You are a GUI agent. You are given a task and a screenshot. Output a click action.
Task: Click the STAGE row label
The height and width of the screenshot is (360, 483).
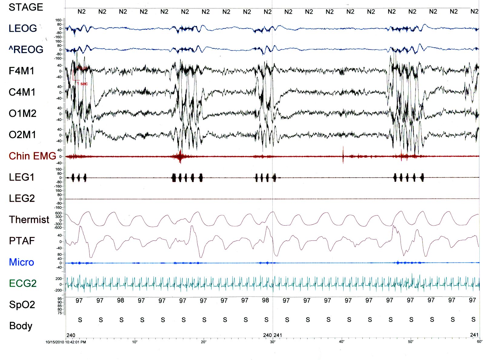tap(26, 7)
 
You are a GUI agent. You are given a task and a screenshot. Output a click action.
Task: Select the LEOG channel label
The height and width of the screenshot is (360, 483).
tap(23, 28)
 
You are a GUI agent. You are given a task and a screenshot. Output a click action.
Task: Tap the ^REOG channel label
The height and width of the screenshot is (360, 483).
tap(26, 50)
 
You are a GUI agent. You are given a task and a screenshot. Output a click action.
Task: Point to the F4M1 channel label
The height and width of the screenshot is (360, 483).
tap(22, 71)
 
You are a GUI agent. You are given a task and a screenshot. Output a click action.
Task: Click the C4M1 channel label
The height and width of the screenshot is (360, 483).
tap(22, 92)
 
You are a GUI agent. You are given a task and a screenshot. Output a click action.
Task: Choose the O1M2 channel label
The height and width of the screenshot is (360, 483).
tap(22, 114)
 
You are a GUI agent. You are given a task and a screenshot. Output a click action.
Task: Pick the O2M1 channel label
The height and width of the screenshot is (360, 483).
tap(22, 135)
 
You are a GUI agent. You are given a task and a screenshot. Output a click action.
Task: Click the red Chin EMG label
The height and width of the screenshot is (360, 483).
tap(32, 156)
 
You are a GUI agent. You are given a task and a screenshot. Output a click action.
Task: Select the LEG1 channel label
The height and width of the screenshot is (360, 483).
tap(22, 177)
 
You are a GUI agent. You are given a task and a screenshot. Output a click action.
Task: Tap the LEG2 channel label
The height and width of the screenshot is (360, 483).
tap(22, 198)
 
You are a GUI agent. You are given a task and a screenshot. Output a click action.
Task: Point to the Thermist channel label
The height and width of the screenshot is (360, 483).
tap(29, 220)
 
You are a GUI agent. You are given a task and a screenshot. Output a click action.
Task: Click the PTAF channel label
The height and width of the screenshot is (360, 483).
tap(22, 241)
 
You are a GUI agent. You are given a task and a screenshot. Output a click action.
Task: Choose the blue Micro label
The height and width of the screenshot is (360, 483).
tap(21, 262)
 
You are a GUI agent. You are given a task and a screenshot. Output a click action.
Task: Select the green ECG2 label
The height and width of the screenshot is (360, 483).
tap(23, 283)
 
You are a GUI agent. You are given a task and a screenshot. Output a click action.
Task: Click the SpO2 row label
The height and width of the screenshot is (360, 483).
tap(22, 305)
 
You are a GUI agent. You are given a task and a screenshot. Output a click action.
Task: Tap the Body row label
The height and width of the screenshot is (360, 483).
tap(21, 326)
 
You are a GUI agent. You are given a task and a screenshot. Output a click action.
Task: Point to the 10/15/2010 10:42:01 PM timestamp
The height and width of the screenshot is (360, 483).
tap(66, 342)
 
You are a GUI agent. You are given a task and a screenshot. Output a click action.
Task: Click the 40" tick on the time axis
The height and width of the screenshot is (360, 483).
tap(341, 342)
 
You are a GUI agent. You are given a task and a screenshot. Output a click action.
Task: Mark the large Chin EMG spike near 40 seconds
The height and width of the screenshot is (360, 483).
tap(343, 155)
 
